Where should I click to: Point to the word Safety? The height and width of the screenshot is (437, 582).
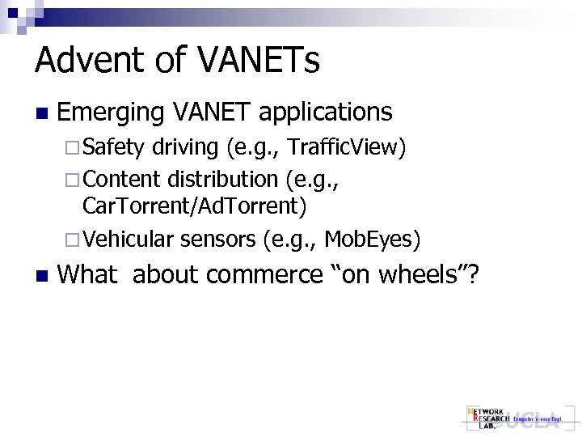(x=113, y=147)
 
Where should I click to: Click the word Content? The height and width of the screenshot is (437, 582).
(x=122, y=178)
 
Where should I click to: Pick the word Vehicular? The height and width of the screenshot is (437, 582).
(x=129, y=239)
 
